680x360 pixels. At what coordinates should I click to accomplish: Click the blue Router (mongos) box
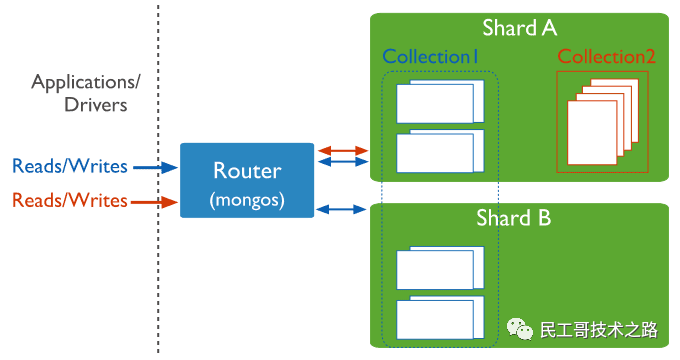coord(245,181)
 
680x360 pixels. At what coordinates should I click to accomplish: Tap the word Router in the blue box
coord(245,170)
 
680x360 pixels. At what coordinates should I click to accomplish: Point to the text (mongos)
coord(245,200)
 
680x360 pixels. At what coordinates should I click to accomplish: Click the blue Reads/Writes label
coord(69,166)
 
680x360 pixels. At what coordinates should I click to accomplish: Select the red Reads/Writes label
coord(69,201)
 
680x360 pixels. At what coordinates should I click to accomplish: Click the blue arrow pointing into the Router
coord(155,168)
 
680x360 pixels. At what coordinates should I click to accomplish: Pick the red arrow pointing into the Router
coord(155,202)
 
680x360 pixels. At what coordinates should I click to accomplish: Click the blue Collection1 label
coord(431,57)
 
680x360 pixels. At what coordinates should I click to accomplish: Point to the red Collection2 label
coord(607,57)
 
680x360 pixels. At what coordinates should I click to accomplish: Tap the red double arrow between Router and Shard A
coord(342,150)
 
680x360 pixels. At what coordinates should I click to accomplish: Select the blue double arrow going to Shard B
coord(342,209)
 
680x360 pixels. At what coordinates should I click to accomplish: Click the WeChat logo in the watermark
coord(519,328)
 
